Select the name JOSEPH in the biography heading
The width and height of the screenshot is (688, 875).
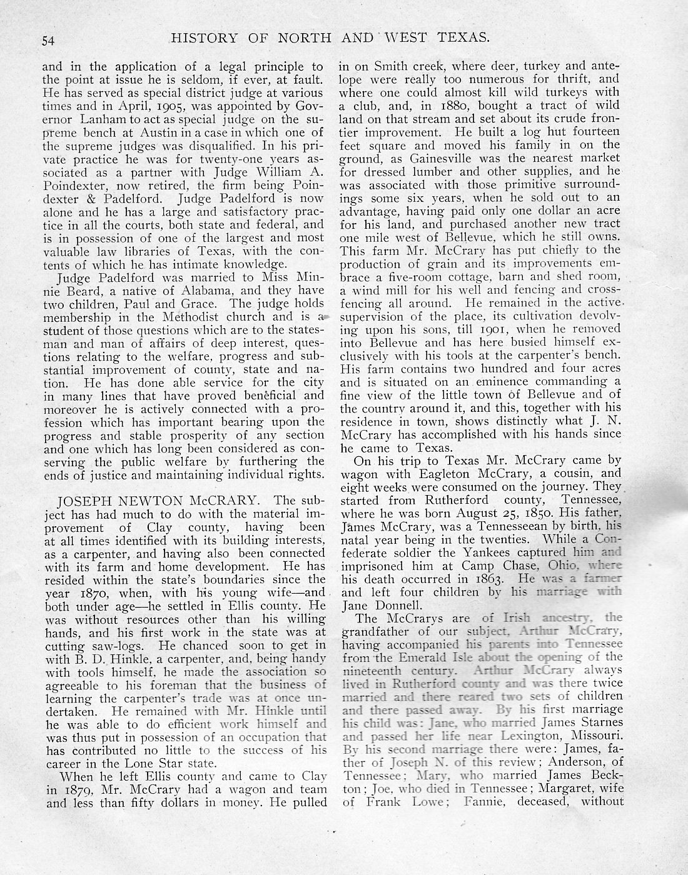(83, 501)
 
